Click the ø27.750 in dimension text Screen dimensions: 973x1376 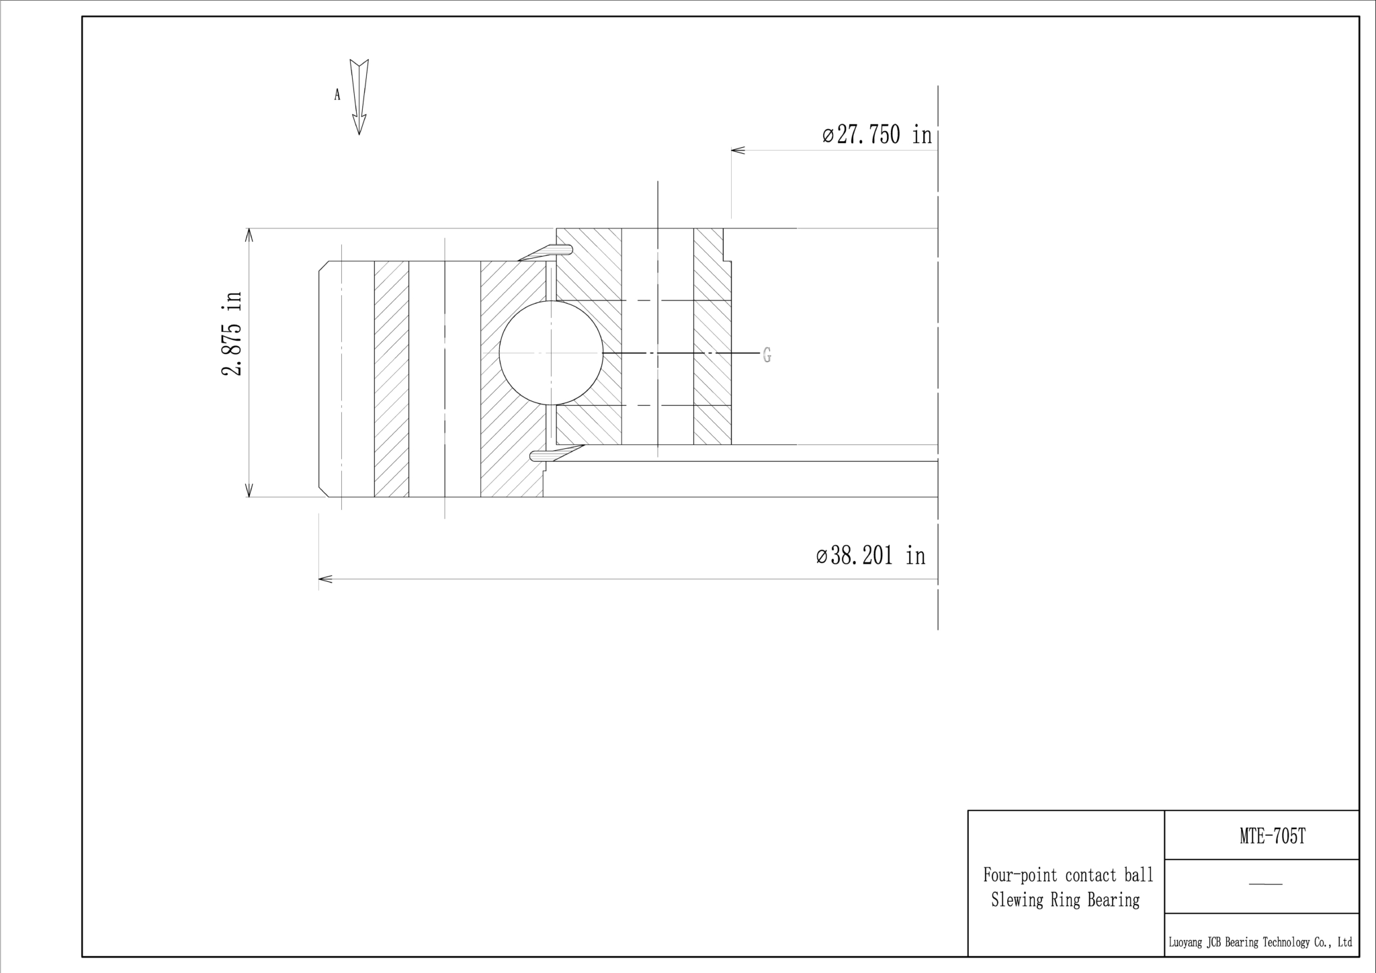tap(877, 135)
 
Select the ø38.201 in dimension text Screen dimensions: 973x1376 tap(871, 556)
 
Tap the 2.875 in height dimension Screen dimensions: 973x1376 tap(232, 333)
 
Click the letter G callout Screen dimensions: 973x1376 tap(767, 355)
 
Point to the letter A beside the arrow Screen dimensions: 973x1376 tap(337, 95)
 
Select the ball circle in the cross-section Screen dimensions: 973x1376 tap(551, 353)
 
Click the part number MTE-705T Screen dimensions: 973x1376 tap(1272, 836)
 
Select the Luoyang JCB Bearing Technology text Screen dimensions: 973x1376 tap(1260, 943)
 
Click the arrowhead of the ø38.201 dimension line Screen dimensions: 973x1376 tap(325, 579)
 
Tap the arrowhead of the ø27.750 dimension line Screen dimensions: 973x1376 tap(738, 150)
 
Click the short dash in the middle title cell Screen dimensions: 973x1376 tap(1265, 884)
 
